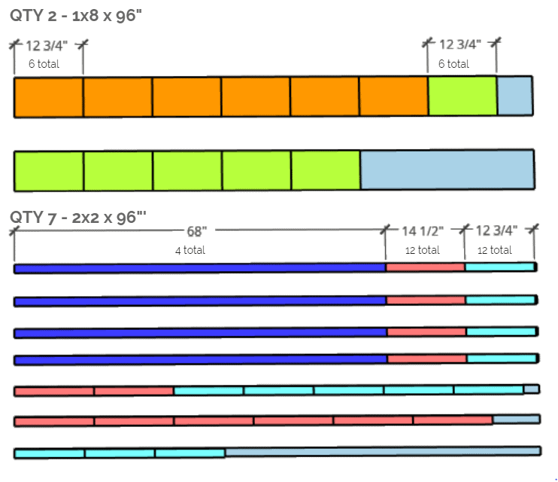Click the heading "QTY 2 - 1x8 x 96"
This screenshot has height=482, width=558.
coord(76,16)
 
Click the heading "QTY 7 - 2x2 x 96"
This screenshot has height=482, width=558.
coord(78,217)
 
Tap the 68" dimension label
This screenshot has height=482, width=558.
coord(197,231)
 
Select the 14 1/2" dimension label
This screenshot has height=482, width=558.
coord(423,231)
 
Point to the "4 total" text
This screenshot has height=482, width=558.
coord(190,250)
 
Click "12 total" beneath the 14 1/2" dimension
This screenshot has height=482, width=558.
coord(423,250)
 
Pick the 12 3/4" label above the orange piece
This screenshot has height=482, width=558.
coord(47,46)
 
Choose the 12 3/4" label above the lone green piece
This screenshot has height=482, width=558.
coord(460,44)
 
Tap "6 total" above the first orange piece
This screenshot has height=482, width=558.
coord(44,64)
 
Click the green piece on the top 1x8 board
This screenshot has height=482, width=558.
coord(462,96)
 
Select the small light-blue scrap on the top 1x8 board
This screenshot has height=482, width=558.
coord(515,96)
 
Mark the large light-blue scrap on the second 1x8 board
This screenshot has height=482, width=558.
coord(447,169)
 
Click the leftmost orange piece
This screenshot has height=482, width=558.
coord(48,97)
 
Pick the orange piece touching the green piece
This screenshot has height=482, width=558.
coord(393,96)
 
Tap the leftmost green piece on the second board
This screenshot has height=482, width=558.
coord(49,172)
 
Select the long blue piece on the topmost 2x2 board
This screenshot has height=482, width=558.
coord(200,268)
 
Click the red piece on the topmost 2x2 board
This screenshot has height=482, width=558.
coord(425,267)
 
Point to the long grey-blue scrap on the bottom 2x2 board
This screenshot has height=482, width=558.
coord(384,452)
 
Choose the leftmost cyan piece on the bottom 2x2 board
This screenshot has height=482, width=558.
coord(50,454)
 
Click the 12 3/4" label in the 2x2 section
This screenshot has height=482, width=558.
coord(497,230)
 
